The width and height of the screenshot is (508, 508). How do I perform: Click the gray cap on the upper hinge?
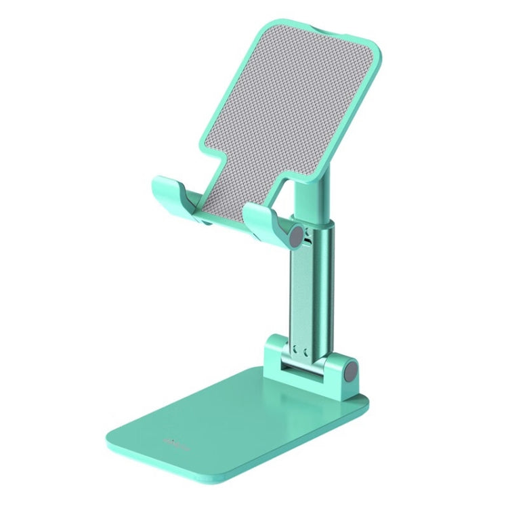click(296, 237)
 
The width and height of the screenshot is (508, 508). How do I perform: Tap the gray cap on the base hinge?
click(351, 372)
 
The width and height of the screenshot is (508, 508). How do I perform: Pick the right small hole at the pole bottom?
click(306, 351)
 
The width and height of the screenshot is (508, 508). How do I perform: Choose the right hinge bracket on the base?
click(339, 373)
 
